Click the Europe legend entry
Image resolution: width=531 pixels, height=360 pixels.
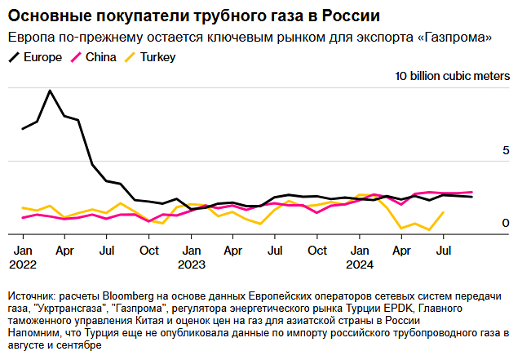[x=35, y=57]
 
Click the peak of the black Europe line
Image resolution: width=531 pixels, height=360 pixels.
[x=51, y=91]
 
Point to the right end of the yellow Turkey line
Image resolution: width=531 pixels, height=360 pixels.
[x=443, y=212]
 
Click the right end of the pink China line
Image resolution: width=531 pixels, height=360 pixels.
[x=471, y=192]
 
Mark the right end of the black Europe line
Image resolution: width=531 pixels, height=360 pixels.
[x=471, y=197]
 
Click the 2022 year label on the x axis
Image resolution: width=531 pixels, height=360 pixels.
[x=23, y=264]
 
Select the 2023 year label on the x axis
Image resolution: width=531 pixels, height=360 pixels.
[x=192, y=264]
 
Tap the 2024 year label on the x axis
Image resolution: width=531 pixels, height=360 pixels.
[x=360, y=264]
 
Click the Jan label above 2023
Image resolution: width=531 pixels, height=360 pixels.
[x=191, y=251]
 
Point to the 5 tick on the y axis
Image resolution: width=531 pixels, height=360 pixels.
[x=506, y=151]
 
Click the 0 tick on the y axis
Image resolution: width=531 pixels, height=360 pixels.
[x=506, y=223]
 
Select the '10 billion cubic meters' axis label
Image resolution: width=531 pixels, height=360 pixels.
[x=453, y=76]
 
